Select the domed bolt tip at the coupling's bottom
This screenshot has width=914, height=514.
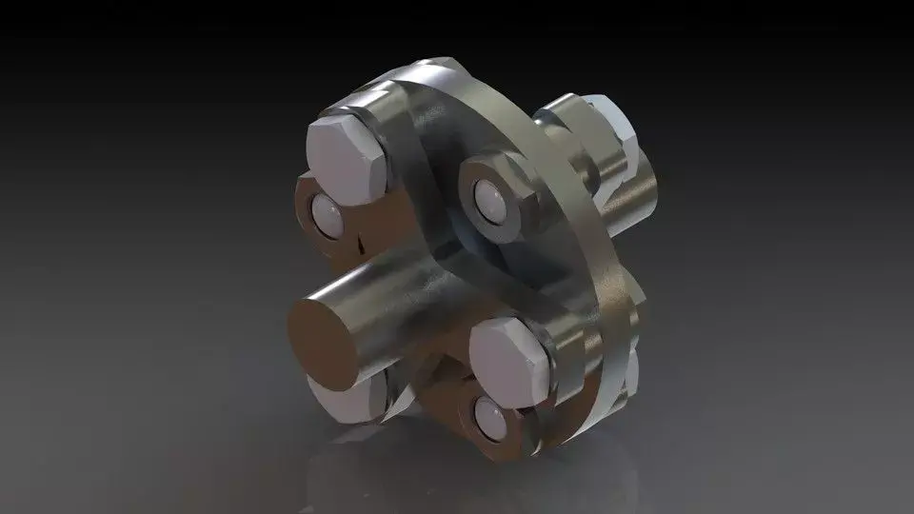click(488, 416)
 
